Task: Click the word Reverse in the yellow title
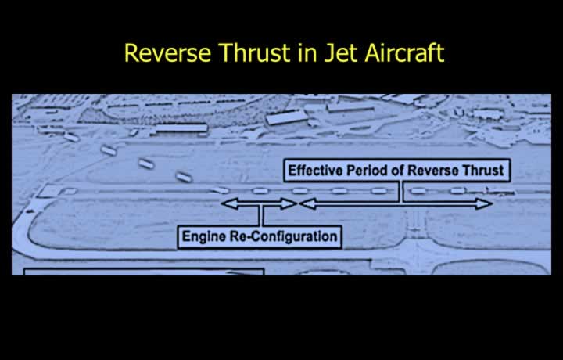coord(167,52)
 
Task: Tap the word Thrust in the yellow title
coord(254,52)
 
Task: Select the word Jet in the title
coord(339,52)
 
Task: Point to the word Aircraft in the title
coord(405,52)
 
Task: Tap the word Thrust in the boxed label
coord(483,171)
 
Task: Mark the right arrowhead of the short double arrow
coord(289,203)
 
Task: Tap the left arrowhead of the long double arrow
coord(308,203)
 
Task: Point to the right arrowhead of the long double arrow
coord(484,203)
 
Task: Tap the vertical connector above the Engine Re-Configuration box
coord(261,216)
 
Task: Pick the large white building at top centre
coord(286,117)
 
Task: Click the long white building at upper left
coord(181,128)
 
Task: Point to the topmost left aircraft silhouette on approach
coord(71,137)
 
